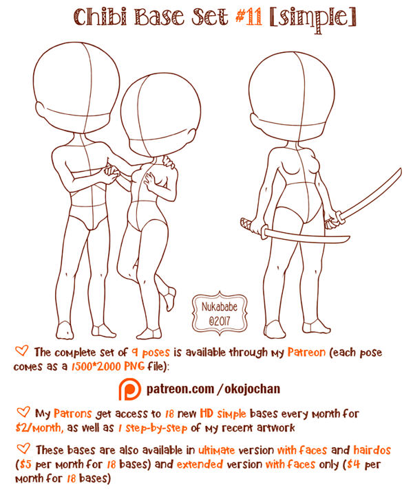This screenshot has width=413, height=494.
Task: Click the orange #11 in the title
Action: pos(248,16)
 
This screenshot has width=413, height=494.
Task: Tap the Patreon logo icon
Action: pos(130,390)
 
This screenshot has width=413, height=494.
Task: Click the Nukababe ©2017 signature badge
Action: pos(220,313)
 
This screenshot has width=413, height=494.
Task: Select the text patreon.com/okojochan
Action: pos(213,389)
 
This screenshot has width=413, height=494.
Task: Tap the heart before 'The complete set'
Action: pos(21,350)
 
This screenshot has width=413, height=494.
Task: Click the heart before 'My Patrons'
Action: pos(23,412)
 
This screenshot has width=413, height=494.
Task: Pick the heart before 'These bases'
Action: pos(23,449)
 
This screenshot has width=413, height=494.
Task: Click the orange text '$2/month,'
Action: pos(39,428)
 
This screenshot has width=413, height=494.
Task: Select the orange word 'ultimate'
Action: pos(217,450)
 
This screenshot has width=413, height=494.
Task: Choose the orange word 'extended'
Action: pos(200,464)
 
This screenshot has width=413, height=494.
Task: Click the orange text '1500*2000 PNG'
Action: pos(107,366)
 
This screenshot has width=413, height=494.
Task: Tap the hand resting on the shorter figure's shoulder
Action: pos(168,161)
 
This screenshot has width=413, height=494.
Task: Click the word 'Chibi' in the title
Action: pos(100,17)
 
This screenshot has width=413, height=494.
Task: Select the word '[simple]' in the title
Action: pos(313,19)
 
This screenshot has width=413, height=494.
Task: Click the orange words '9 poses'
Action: pos(151,352)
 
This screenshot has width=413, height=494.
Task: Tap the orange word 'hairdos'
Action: pos(372,450)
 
